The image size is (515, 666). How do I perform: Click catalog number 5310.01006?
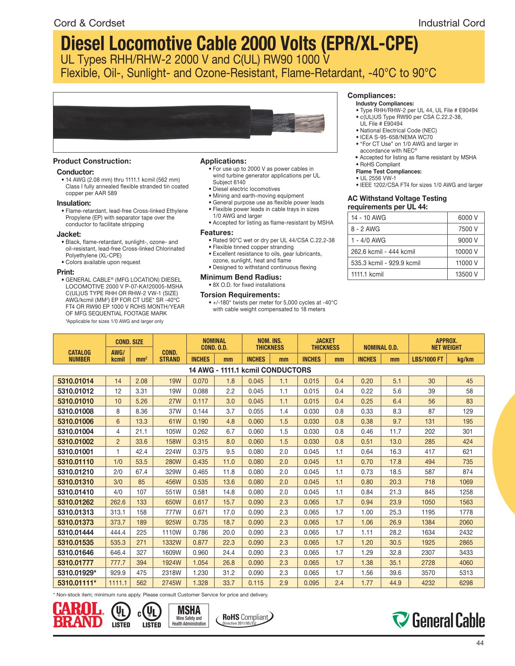click(76, 421)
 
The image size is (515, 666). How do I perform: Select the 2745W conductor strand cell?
click(171, 583)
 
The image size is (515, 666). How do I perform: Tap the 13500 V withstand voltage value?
click(466, 274)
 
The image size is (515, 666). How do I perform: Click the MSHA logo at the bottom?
click(189, 616)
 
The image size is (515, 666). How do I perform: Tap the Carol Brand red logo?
click(78, 616)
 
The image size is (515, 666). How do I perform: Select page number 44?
click(480, 643)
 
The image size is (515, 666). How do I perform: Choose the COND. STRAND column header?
click(170, 356)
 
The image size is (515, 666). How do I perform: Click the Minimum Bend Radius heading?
click(241, 277)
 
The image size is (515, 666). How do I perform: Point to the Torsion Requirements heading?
click(240, 295)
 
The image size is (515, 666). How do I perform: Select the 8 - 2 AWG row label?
click(365, 229)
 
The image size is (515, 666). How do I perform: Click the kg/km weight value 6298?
click(466, 583)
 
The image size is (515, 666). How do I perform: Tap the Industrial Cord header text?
click(451, 23)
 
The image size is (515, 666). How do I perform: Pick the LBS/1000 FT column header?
click(427, 359)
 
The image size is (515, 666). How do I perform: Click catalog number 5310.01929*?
click(77, 573)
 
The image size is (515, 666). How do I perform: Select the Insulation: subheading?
click(74, 203)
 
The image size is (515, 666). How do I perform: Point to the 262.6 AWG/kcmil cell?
click(118, 502)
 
